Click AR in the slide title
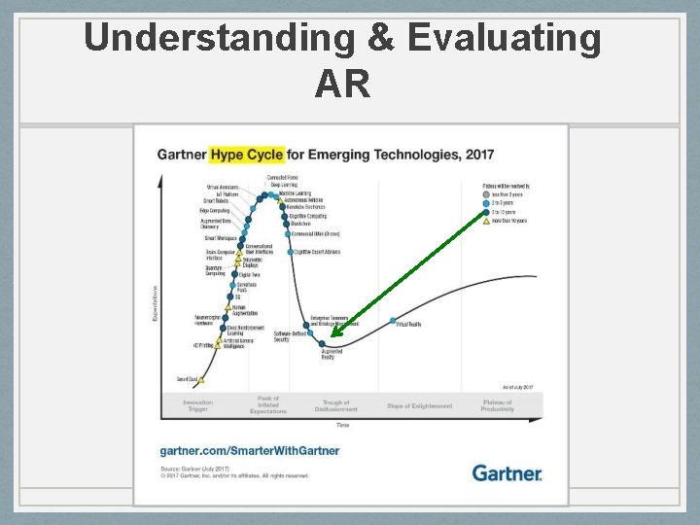(x=342, y=84)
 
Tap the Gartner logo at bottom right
(x=507, y=473)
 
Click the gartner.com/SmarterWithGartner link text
(x=250, y=450)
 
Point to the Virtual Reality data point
(x=393, y=321)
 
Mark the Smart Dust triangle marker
(x=202, y=379)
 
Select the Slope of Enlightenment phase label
(x=419, y=405)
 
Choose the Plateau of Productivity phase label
(x=497, y=405)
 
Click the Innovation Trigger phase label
(x=197, y=405)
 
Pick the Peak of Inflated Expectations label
(x=268, y=404)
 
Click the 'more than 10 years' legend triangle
(x=486, y=221)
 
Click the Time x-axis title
(x=343, y=425)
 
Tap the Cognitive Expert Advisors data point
(x=290, y=251)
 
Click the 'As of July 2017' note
(x=517, y=387)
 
